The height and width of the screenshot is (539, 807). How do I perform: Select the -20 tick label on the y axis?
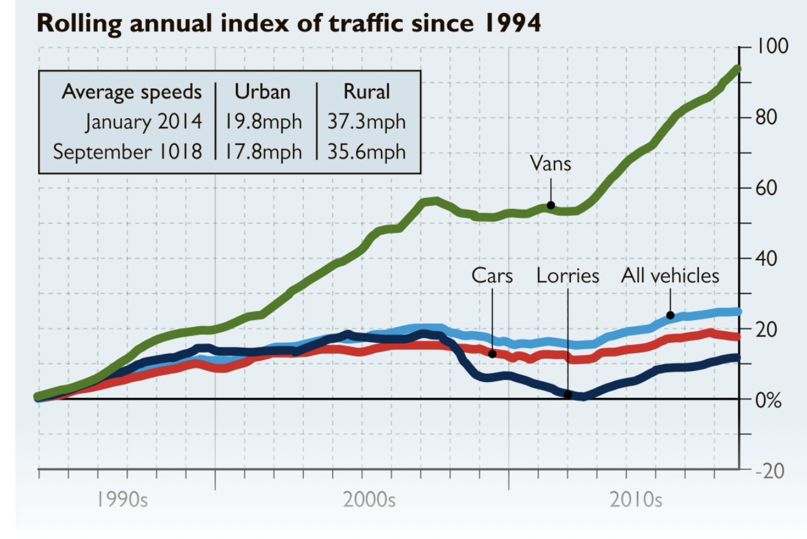tap(768, 471)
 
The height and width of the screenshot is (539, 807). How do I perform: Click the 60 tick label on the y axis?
tap(768, 188)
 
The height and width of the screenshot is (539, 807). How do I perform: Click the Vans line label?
tap(550, 163)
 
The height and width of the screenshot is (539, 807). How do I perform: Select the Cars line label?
tap(492, 276)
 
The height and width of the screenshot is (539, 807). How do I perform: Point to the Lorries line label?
tap(567, 276)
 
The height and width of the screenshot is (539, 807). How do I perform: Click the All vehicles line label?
tap(670, 276)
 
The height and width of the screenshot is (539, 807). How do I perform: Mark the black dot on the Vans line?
tap(550, 205)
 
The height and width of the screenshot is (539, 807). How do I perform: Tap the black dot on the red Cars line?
tap(492, 354)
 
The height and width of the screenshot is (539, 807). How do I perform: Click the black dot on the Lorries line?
tap(567, 395)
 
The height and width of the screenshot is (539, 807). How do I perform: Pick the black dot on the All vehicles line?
tap(670, 315)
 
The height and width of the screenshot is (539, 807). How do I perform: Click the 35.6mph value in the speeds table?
tap(366, 151)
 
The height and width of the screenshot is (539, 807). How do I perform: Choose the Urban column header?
tap(262, 92)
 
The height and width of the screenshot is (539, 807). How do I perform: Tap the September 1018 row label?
tap(127, 151)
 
